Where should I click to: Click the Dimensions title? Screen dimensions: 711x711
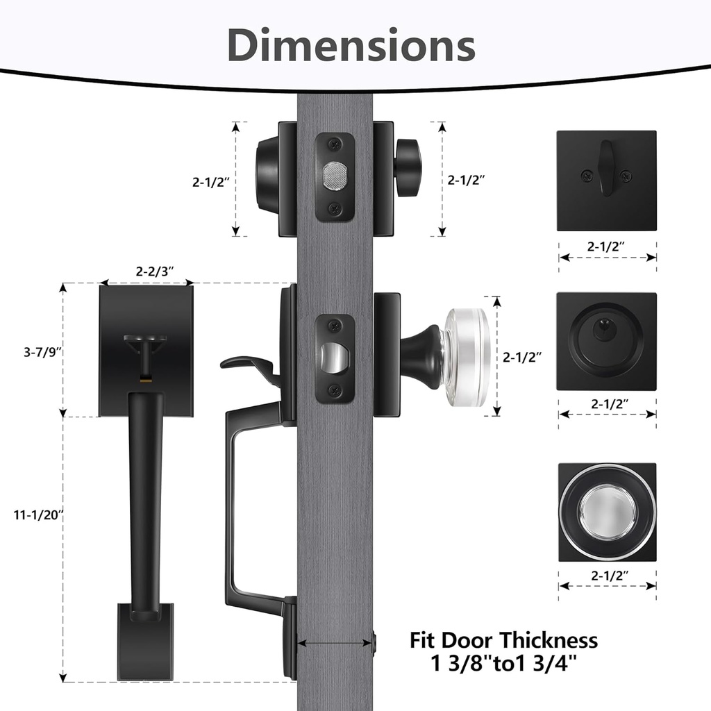(x=351, y=46)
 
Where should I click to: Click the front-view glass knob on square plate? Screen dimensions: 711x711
(x=607, y=512)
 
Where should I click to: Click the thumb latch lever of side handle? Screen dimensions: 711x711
(x=246, y=364)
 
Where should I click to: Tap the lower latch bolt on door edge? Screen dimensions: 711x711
(x=336, y=356)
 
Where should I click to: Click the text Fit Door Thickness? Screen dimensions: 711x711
(x=503, y=639)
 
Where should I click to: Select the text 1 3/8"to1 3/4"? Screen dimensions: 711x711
(x=503, y=664)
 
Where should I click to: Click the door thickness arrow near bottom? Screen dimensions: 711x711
(x=335, y=644)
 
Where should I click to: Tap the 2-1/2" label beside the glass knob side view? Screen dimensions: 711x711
(x=522, y=357)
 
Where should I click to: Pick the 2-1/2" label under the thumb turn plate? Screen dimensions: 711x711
(x=607, y=246)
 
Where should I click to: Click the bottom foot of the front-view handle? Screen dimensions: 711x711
(x=145, y=641)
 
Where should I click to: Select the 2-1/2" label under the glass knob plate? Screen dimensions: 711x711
(x=607, y=575)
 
